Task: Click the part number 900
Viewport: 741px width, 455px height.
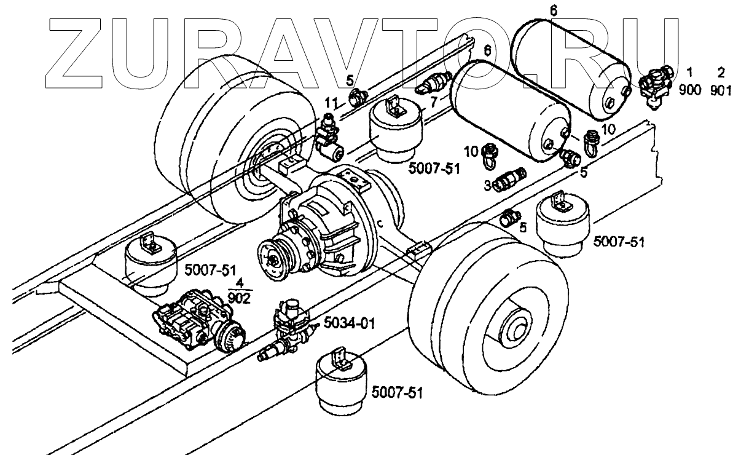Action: (x=690, y=90)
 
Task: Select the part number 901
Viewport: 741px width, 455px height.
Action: (x=721, y=90)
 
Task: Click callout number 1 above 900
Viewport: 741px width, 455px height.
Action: (x=690, y=73)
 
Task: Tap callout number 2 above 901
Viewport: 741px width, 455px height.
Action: (x=721, y=73)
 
